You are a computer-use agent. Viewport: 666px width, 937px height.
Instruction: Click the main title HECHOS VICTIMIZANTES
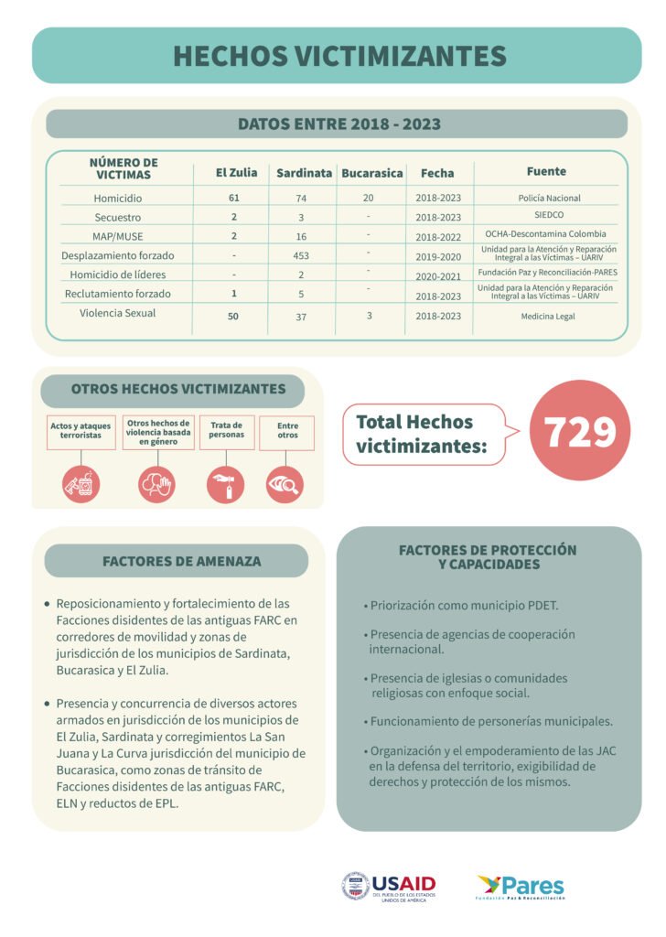point(339,56)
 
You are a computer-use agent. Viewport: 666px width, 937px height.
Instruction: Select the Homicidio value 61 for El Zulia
point(234,198)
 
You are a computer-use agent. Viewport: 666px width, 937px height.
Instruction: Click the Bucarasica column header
point(371,173)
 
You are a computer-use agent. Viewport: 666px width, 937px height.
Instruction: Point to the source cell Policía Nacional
point(549,198)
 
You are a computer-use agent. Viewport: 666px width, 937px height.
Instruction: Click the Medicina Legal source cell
point(549,317)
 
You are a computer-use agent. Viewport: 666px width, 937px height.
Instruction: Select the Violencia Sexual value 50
point(234,316)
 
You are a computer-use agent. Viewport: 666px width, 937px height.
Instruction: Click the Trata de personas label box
point(227,432)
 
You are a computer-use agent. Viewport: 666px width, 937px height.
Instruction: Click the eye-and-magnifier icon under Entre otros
point(285,485)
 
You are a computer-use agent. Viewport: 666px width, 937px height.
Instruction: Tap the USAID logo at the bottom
point(389,886)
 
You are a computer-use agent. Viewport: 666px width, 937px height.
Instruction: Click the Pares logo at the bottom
point(521,886)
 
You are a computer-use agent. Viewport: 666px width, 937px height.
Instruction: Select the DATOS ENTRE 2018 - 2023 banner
point(338,124)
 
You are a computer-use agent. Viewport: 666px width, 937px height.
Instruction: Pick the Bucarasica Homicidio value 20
point(368,198)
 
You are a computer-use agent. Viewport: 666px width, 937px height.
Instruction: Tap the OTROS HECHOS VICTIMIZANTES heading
point(177,389)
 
